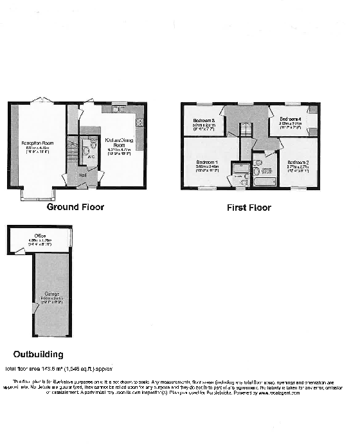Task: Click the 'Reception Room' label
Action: (37, 143)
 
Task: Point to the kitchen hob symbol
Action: (139, 122)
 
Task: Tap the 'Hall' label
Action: (82, 174)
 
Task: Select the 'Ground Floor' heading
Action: (75, 208)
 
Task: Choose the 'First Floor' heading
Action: (249, 208)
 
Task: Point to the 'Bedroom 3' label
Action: (204, 120)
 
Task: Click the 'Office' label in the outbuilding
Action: (40, 236)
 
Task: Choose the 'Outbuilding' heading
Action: (39, 354)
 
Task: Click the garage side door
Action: (35, 308)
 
